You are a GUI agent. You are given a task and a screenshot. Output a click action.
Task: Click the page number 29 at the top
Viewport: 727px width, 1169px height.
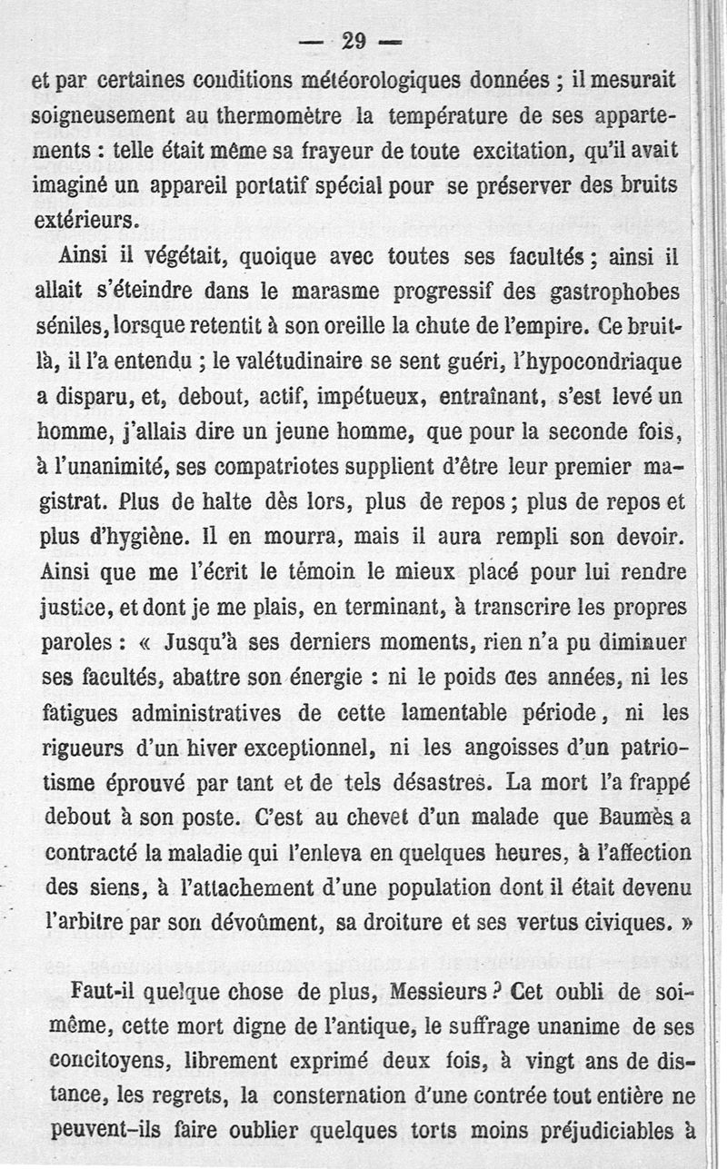pyautogui.click(x=354, y=40)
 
